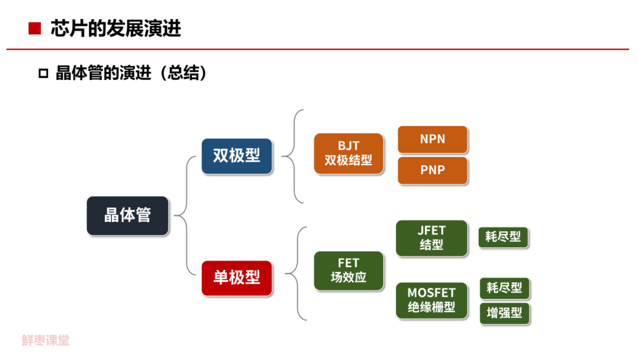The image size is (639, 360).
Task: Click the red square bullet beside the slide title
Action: [x=34, y=28]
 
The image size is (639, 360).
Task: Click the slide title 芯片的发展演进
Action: [x=115, y=28]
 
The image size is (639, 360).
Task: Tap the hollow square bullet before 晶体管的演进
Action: [x=43, y=73]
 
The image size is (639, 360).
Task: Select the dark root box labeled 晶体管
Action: [x=128, y=216]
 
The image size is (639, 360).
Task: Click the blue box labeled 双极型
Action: [x=237, y=156]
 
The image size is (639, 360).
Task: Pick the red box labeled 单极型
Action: [x=237, y=278]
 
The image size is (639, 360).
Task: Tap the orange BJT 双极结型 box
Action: [x=348, y=153]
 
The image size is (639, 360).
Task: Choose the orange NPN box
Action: [x=433, y=139]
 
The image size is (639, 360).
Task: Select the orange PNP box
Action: [x=433, y=171]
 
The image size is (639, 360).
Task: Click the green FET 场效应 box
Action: [x=348, y=271]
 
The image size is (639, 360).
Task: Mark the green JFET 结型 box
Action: [x=431, y=238]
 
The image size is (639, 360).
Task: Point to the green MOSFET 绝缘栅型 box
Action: [x=431, y=300]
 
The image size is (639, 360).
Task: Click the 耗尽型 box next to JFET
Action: [x=503, y=237]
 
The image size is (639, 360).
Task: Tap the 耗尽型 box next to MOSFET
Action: [x=504, y=288]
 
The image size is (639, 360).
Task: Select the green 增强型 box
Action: [x=504, y=313]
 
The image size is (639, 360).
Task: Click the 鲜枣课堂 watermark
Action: [x=46, y=340]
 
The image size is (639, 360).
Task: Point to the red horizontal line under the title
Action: [x=319, y=49]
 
